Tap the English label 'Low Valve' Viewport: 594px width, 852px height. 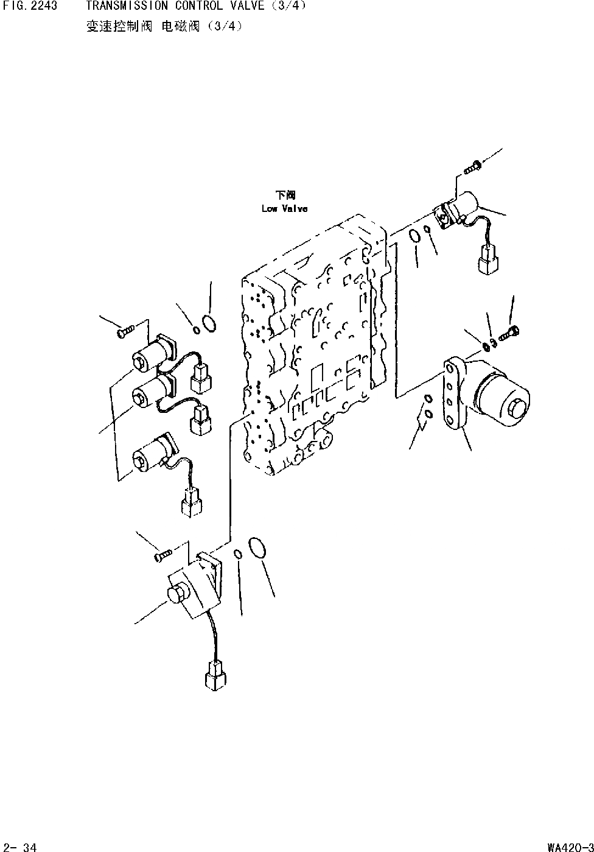pos(284,209)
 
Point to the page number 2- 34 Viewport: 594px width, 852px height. pos(20,847)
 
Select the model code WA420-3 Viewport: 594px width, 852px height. pos(570,847)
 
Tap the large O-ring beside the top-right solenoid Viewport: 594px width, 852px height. pos(414,236)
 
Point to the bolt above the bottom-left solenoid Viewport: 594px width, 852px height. pos(161,555)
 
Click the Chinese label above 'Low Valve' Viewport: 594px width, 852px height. pos(285,195)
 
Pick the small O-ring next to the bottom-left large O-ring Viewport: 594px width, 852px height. pos(239,554)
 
